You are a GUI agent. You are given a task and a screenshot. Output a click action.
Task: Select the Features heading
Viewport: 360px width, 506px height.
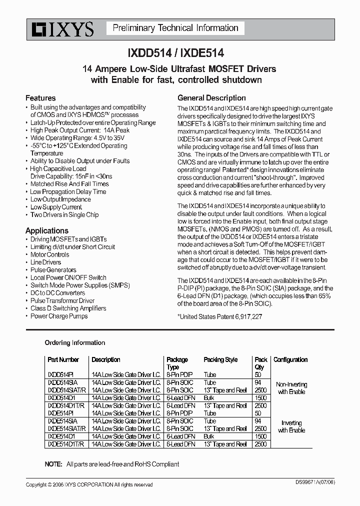click(x=40, y=98)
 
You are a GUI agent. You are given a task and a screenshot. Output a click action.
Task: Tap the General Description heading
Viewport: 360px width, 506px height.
click(x=211, y=98)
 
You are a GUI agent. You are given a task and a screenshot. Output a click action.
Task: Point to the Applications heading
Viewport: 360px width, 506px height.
click(x=47, y=230)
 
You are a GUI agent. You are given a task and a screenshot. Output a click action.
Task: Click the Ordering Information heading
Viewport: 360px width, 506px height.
click(x=75, y=342)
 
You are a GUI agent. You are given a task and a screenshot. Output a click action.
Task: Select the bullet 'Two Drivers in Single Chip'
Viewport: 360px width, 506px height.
click(x=64, y=214)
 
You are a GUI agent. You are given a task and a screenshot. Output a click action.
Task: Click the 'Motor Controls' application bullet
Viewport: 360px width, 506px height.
click(x=50, y=254)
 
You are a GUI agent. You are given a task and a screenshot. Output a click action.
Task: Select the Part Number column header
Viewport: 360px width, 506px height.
click(x=63, y=359)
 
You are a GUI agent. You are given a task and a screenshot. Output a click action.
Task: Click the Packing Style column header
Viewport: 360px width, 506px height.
click(x=220, y=359)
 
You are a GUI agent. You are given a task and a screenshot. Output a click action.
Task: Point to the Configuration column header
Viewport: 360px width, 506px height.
click(x=290, y=359)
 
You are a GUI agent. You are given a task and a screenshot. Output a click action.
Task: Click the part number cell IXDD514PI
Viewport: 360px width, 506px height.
click(x=60, y=374)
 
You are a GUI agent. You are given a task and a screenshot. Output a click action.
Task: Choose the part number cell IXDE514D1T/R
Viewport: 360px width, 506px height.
click(x=65, y=444)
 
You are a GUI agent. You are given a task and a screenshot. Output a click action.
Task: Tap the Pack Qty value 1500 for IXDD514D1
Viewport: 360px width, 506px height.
click(x=260, y=397)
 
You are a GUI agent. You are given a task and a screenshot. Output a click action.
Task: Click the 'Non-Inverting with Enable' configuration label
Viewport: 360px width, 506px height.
click(x=291, y=388)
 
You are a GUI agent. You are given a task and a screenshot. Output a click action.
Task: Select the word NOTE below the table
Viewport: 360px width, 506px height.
click(x=53, y=464)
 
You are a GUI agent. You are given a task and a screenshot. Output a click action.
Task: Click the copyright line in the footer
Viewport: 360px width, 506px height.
click(x=89, y=484)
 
